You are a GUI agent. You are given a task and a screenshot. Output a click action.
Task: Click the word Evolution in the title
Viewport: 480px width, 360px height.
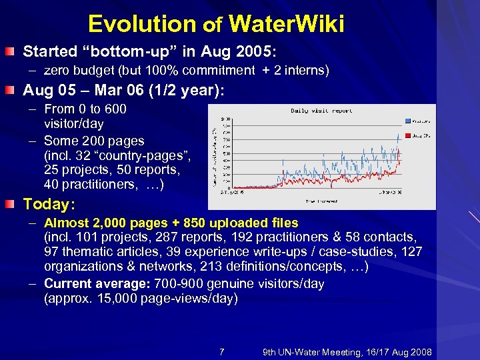142,25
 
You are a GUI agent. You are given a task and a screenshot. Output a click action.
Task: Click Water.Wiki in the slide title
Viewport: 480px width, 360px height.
286,25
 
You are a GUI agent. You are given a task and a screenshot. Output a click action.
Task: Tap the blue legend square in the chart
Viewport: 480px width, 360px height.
407,121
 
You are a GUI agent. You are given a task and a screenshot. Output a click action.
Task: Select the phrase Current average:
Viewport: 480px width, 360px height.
90,284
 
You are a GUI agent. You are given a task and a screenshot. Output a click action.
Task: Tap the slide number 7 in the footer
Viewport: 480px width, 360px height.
221,352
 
